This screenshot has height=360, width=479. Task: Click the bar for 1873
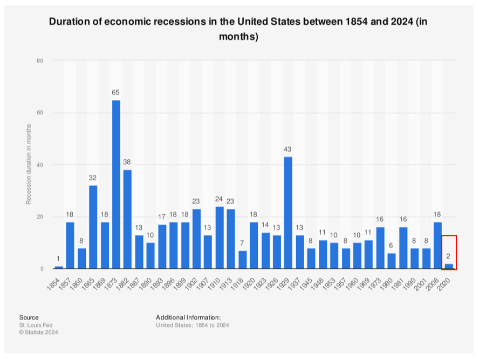tap(116, 184)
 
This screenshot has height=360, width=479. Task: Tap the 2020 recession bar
tap(449, 266)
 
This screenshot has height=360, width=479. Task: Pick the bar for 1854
tap(59, 267)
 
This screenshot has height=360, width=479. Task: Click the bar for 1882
tap(127, 219)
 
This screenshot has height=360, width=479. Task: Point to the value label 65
tap(116, 93)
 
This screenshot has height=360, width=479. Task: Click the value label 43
tap(288, 150)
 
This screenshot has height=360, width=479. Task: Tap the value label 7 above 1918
tap(242, 243)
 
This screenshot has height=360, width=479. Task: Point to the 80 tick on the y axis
tap(40, 61)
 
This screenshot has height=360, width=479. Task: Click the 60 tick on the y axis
tap(40, 113)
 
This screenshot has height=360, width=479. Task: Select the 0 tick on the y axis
tap(42, 269)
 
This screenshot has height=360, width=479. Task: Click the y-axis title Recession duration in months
tap(29, 164)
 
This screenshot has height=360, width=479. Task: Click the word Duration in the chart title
tap(70, 22)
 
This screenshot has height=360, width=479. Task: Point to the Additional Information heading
tap(188, 317)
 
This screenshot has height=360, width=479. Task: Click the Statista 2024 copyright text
tap(38, 332)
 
